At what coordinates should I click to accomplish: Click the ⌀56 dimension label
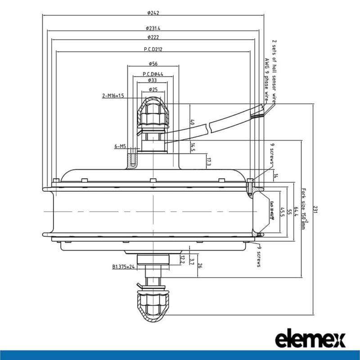point(153,63)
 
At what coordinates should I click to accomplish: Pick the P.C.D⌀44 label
point(153,74)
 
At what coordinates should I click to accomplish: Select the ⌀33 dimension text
point(153,80)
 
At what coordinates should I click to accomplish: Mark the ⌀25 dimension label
point(153,90)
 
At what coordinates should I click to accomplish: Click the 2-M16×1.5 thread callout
point(113,96)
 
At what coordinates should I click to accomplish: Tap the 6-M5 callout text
point(120,146)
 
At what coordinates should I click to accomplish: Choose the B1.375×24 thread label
point(124,267)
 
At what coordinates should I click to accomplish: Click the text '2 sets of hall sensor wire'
point(274,72)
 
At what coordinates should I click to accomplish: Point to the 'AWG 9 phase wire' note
point(266,78)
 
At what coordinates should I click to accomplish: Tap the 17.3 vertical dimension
point(208,162)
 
